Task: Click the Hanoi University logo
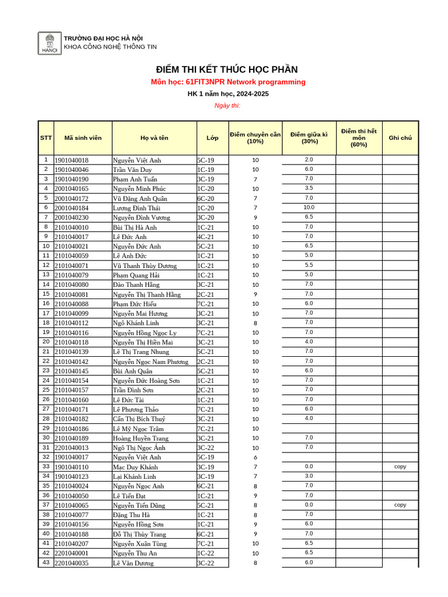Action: (x=50, y=43)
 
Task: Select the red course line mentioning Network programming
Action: (x=228, y=82)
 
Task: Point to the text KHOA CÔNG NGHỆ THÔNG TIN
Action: (x=110, y=47)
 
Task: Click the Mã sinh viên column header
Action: (x=82, y=138)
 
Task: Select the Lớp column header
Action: (x=212, y=138)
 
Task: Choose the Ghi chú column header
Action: (x=400, y=138)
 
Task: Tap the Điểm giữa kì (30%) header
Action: (x=309, y=138)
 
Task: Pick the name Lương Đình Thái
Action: (x=136, y=208)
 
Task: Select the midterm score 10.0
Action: (x=309, y=207)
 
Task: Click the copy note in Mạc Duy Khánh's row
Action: (x=400, y=466)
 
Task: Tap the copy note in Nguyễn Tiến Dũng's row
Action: (x=400, y=505)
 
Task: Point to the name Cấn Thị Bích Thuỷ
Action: (x=139, y=419)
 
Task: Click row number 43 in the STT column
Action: (x=45, y=562)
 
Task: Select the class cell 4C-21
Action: (x=206, y=237)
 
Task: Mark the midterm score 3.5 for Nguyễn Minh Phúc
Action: (x=309, y=188)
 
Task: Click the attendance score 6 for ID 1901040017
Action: (x=255, y=458)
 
